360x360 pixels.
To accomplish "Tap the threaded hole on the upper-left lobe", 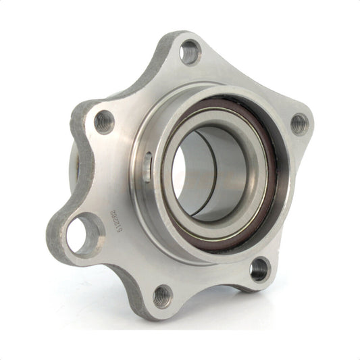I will (x=103, y=122).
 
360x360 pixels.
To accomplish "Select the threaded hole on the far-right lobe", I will (x=299, y=124).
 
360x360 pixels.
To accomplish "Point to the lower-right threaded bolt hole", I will (x=259, y=269).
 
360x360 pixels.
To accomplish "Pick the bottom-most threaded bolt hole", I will (x=162, y=295).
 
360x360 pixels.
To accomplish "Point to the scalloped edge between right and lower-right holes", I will (x=297, y=203).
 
